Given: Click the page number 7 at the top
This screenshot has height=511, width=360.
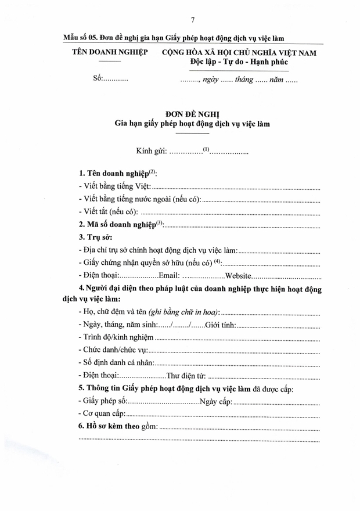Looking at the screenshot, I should tap(192, 21).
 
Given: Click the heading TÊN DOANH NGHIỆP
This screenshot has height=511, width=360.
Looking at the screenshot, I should tap(109, 52).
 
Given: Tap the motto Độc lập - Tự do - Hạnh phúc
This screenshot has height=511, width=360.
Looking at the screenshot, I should tap(239, 62).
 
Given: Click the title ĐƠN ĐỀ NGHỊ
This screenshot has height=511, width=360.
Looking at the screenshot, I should tap(192, 114).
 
